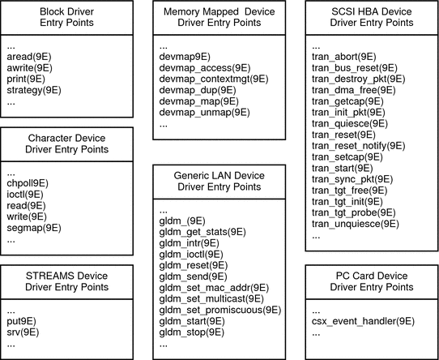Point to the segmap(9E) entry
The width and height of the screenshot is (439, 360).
coord(34,229)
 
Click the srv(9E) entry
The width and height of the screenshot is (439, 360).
coord(25,332)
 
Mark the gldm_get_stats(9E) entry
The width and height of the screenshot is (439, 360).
coord(202,231)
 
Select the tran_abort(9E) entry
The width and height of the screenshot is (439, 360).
coord(343,57)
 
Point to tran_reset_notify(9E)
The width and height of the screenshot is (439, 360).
coord(358,145)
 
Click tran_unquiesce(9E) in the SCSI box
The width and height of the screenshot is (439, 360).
coord(354,224)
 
